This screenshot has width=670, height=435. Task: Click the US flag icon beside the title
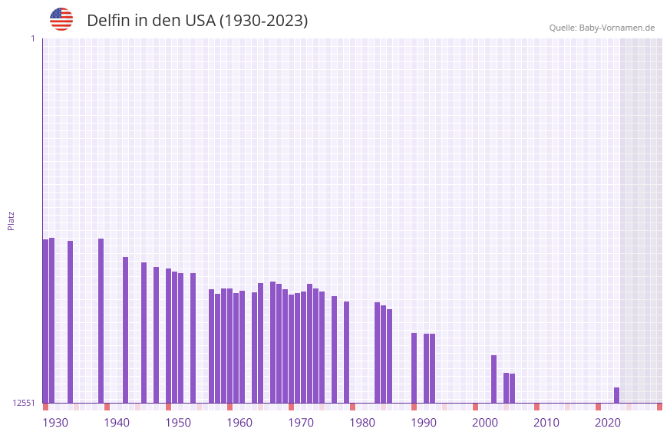(x=61, y=19)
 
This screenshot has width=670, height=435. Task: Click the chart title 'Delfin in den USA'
(x=197, y=21)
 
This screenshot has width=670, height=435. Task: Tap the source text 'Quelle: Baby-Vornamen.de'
(x=602, y=28)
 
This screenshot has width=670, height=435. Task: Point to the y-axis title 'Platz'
(x=11, y=220)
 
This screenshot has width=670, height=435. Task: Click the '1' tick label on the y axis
(x=32, y=38)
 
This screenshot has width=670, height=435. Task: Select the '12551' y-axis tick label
(x=24, y=403)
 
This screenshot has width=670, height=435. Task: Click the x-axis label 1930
(x=55, y=422)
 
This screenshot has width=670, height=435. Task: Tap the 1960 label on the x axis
(x=239, y=422)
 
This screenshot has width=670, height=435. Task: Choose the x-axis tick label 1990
(x=424, y=422)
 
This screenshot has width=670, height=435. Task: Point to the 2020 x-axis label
(x=608, y=422)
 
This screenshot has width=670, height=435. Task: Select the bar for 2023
(x=616, y=395)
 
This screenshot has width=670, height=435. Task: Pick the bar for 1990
(x=414, y=367)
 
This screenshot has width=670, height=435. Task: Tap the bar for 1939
(x=101, y=321)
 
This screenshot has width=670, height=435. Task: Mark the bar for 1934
(x=70, y=321)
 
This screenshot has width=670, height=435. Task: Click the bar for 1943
(x=125, y=330)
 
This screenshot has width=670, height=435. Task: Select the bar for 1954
(x=193, y=338)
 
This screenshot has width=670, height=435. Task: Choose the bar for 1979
(x=346, y=352)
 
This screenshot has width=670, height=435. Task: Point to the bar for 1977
(x=334, y=349)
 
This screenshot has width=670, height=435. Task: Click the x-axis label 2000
(x=485, y=422)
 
